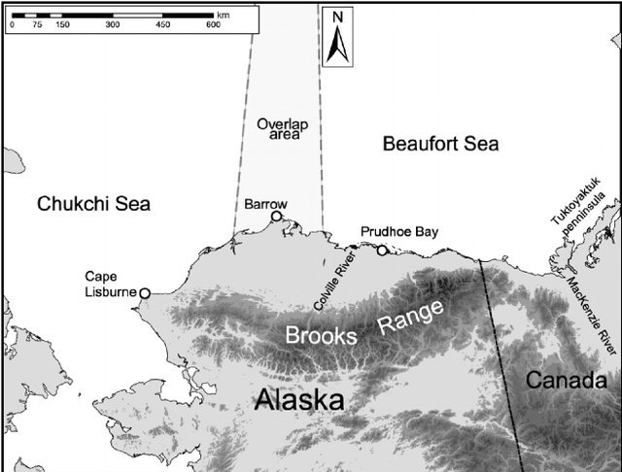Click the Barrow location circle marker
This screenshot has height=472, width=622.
coord(277,217)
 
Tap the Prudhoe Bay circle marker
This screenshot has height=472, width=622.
coord(382,251)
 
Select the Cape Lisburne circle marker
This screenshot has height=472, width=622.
coord(145,292)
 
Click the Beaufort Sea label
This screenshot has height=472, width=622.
coord(440,145)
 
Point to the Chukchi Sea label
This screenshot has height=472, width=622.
coord(93,203)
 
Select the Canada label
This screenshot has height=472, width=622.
coord(566,380)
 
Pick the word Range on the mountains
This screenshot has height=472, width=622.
coord(411,318)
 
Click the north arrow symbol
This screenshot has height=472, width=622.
coord(337,46)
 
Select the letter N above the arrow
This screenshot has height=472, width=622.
coord(337,17)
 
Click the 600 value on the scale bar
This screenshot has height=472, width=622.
coord(213,25)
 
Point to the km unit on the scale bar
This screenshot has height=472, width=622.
coord(224,15)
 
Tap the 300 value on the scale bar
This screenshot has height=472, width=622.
coord(112,25)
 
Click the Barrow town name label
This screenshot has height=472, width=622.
coord(265,204)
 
